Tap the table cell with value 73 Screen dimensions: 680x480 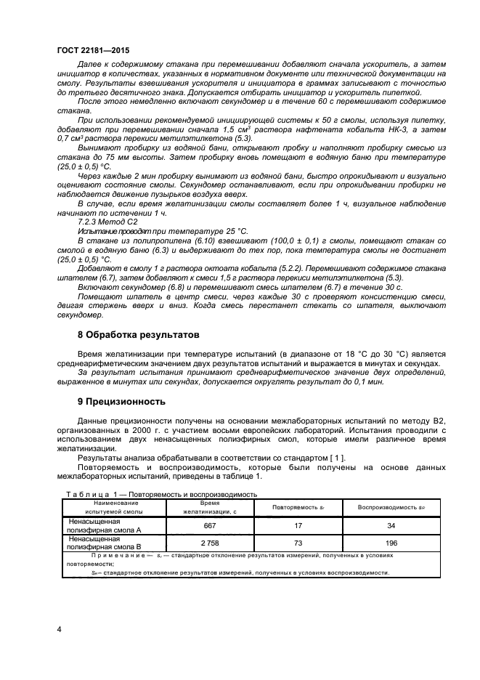coord(298,543)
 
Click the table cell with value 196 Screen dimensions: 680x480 coord(391,543)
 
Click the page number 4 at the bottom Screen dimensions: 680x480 coord(59,628)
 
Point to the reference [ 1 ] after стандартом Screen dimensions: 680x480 coord(338,457)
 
